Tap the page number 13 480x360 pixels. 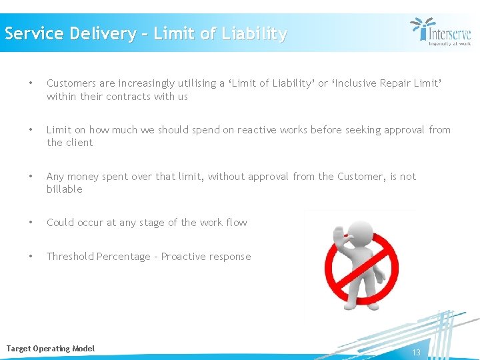pos(416,352)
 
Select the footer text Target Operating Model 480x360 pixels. pos(51,349)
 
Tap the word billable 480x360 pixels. pos(65,189)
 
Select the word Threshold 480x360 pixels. pos(70,257)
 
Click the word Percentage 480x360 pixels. pos(123,257)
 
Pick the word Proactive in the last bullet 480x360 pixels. pos(185,257)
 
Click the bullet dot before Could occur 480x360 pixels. pos(30,223)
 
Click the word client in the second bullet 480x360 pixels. pos(80,143)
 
